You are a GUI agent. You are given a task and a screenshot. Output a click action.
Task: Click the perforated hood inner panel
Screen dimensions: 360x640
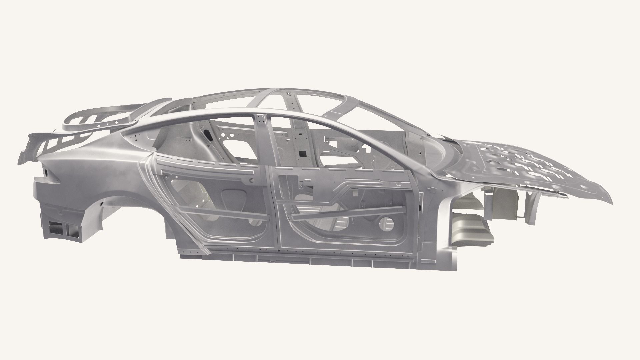pyautogui.click(x=520, y=167)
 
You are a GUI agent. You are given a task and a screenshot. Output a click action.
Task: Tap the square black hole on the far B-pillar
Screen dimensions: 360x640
pyautogui.click(x=303, y=153)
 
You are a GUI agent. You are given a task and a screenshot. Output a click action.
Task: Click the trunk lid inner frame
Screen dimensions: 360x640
pyautogui.click(x=97, y=117)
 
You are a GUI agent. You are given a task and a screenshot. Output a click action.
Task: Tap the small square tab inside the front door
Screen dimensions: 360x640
pyautogui.click(x=356, y=192)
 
